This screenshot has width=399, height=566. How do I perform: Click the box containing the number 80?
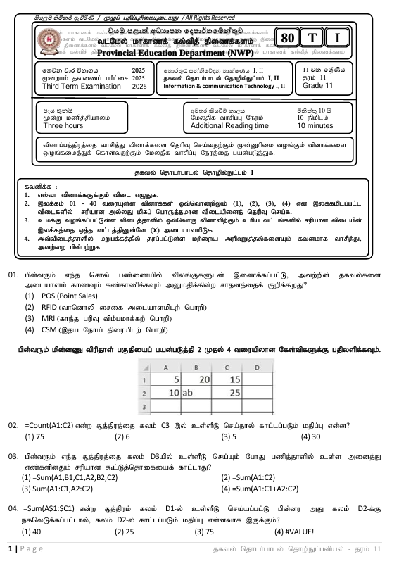point(287,38)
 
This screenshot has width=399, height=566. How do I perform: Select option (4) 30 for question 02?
point(311,436)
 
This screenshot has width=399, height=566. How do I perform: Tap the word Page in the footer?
point(28,548)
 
